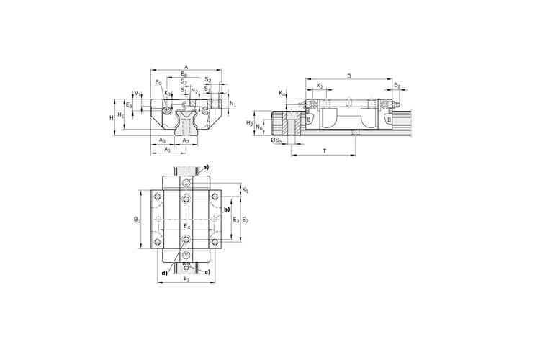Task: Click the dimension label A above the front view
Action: (186, 66)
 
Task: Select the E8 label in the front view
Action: (184, 74)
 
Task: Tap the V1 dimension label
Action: (138, 94)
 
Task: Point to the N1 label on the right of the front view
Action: (232, 104)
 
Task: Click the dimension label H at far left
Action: (111, 116)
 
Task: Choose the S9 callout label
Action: (158, 83)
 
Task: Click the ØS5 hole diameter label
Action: (275, 140)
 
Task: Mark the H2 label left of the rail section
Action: (249, 124)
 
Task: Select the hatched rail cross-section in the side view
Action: (292, 125)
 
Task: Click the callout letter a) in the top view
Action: (205, 168)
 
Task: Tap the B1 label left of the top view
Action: (137, 218)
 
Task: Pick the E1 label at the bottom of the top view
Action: (186, 278)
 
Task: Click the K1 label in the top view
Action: (246, 190)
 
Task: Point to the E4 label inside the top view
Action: (186, 226)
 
